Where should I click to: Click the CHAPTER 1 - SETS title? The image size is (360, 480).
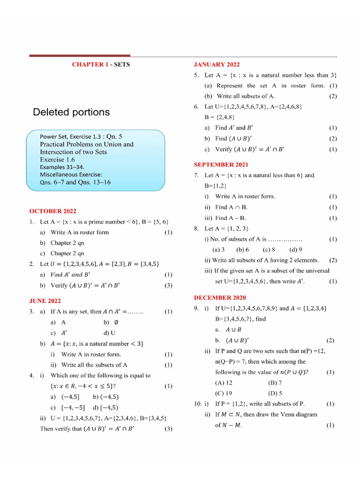(x=101, y=65)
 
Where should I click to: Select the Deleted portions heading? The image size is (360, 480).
(x=71, y=112)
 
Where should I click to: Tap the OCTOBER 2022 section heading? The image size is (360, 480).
(x=52, y=211)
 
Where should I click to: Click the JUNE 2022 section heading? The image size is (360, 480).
(x=45, y=301)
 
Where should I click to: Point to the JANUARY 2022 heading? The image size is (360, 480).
(x=217, y=65)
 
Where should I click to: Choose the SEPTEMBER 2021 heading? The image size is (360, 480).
(x=221, y=165)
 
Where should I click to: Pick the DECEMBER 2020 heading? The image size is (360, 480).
(x=220, y=298)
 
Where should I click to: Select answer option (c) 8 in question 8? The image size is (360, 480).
(x=269, y=250)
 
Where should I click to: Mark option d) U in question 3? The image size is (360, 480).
(x=110, y=333)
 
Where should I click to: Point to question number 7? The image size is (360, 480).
(x=197, y=175)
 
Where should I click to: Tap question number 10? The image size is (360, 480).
(x=197, y=404)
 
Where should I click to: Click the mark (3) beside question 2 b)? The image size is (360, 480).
(x=168, y=285)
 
